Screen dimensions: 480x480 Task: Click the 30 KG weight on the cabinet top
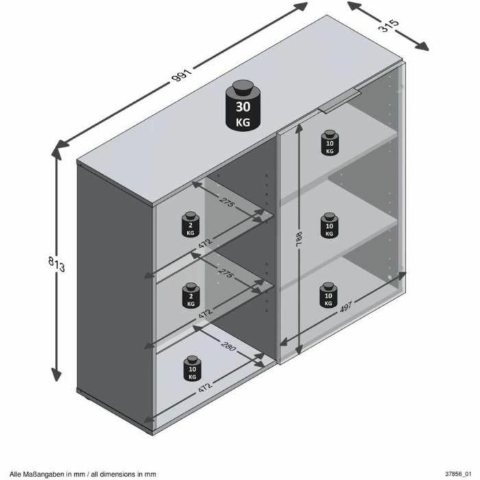(243, 106)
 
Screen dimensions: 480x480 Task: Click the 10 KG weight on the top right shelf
(330, 142)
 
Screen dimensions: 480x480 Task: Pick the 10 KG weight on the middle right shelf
(330, 225)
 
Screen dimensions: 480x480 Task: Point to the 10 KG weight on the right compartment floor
(330, 294)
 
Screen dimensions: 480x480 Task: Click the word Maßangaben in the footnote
(38, 473)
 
